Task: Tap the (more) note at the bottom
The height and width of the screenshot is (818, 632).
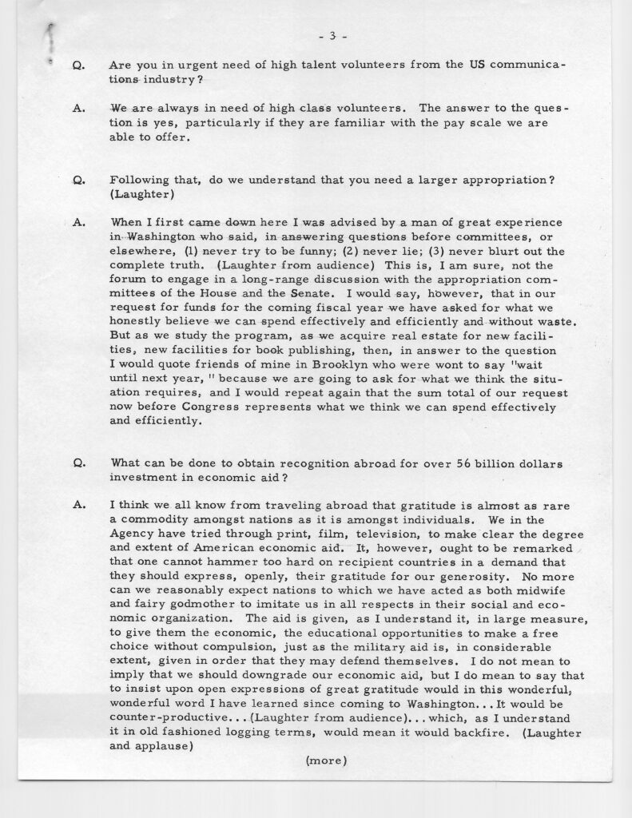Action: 326,761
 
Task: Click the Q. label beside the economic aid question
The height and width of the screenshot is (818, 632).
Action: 78,463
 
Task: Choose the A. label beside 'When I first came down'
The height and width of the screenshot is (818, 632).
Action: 78,221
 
